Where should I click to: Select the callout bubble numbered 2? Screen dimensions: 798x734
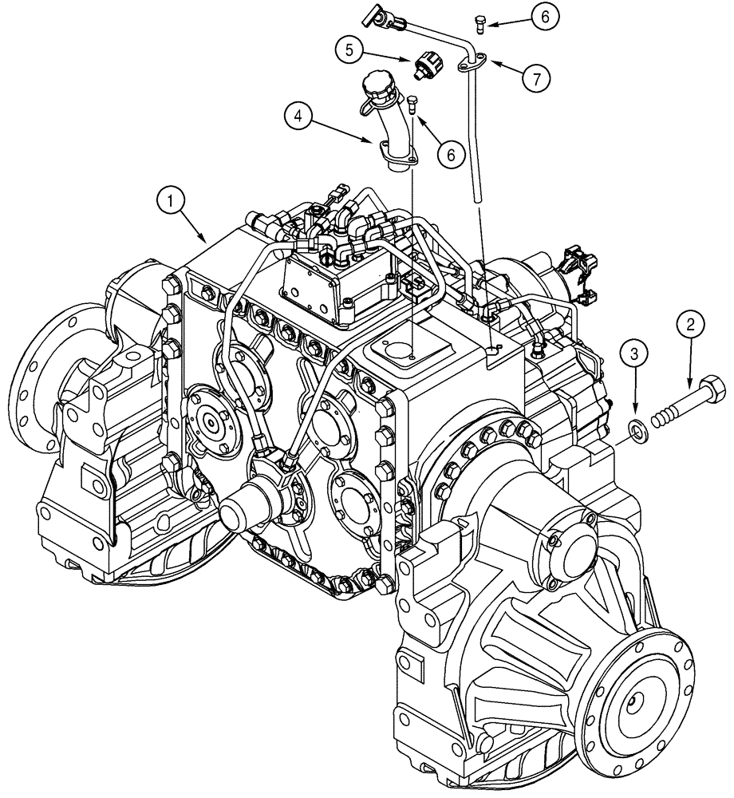(x=690, y=325)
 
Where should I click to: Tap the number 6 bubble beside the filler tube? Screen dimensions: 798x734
(x=452, y=154)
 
